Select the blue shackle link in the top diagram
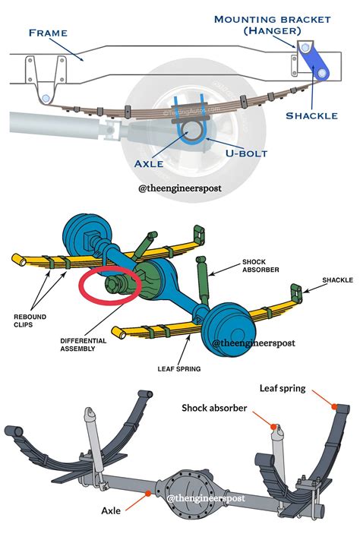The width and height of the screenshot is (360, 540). pos(314,62)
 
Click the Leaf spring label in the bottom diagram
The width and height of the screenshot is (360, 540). pos(283,389)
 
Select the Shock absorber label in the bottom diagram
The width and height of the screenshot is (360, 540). pos(214,408)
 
